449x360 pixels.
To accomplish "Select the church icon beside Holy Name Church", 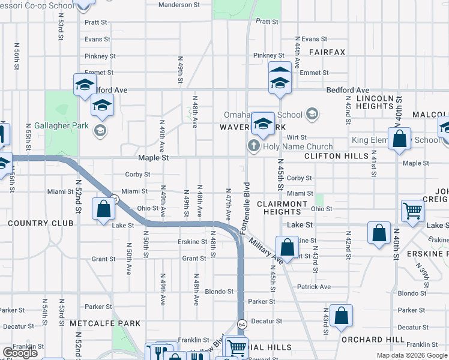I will [253, 146].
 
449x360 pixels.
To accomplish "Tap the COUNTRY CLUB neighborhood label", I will [41, 223].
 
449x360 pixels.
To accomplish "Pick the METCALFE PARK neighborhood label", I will [105, 323].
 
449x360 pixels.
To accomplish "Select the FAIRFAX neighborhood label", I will [327, 52].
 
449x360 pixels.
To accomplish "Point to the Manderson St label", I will [179, 5].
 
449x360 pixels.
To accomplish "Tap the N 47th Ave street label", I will [229, 205].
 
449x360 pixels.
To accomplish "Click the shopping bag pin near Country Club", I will [104, 209].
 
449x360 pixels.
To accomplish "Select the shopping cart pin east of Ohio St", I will [413, 211].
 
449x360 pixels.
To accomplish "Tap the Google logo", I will [20, 353].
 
